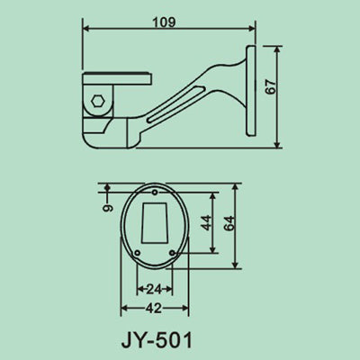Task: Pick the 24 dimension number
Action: [x=153, y=290]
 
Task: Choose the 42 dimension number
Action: [x=153, y=308]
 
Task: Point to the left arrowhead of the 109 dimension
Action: [x=86, y=27]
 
